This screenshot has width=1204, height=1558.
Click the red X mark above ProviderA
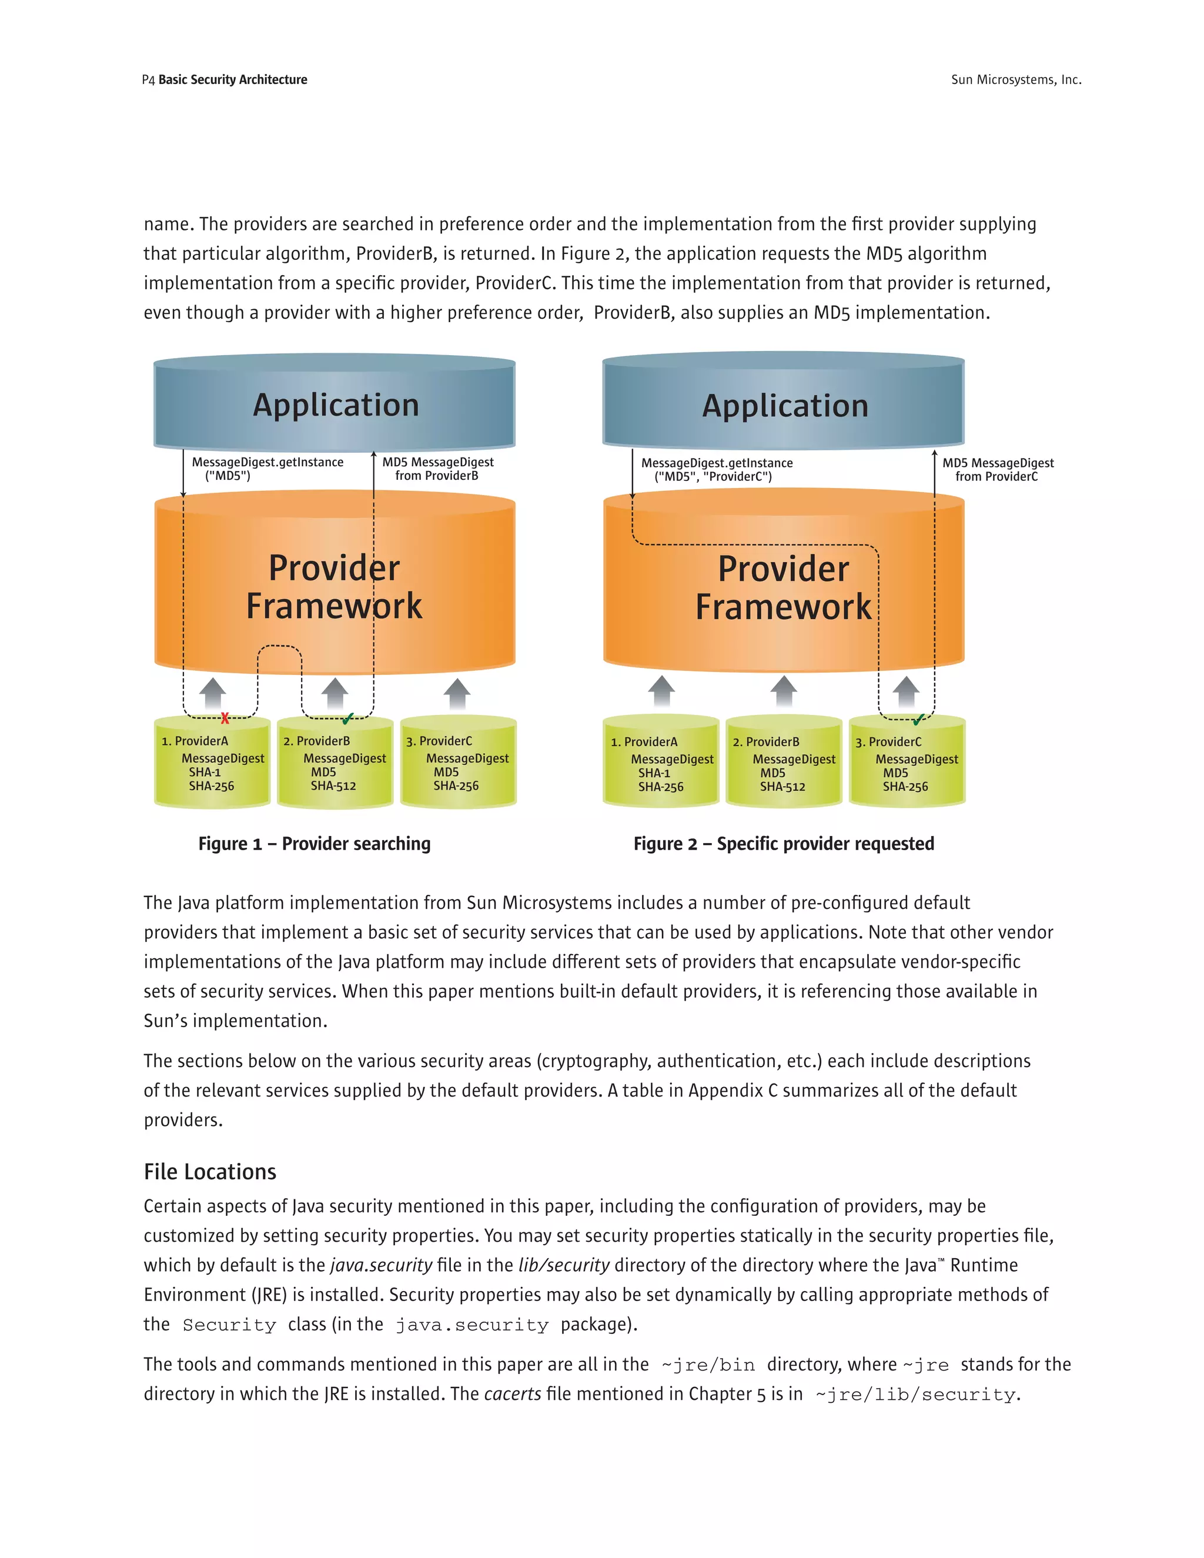225,718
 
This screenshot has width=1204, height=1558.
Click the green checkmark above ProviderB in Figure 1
348,718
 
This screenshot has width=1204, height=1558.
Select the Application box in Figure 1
335,405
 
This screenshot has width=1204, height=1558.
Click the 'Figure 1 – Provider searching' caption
315,844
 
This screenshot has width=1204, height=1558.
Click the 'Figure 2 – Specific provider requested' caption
783,844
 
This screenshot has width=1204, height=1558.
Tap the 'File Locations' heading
210,1172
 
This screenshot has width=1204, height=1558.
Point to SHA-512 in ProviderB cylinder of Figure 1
333,786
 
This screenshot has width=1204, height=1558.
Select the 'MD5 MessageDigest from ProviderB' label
437,469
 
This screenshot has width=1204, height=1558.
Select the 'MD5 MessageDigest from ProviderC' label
997,469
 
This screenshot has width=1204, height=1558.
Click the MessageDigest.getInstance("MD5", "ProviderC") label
716,469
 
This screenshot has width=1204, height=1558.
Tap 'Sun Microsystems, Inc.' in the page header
1016,80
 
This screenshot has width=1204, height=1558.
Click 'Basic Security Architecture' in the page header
233,80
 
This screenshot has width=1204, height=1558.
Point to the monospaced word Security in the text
229,1325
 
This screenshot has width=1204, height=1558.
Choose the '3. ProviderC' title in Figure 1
439,741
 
